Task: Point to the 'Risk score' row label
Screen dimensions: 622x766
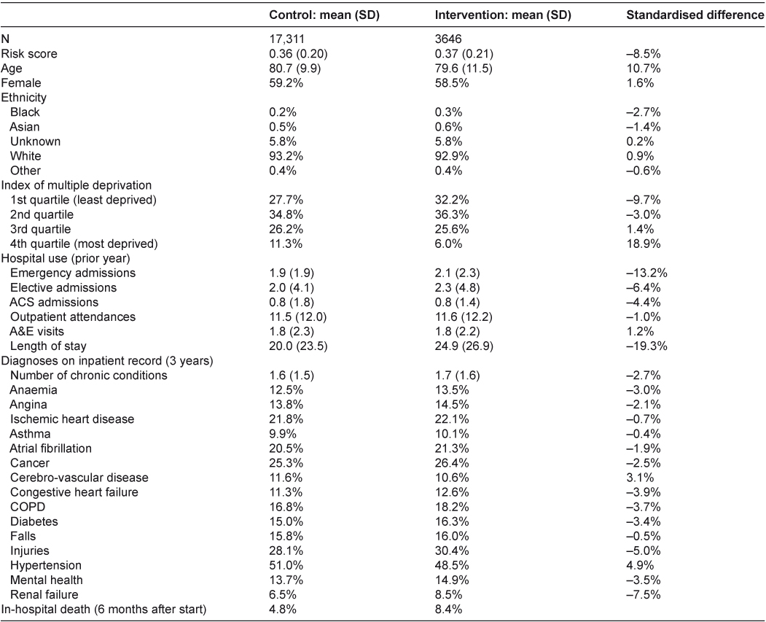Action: [x=29, y=53]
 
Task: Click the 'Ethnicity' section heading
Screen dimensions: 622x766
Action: [x=23, y=97]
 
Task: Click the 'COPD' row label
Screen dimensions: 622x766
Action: [x=24, y=507]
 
